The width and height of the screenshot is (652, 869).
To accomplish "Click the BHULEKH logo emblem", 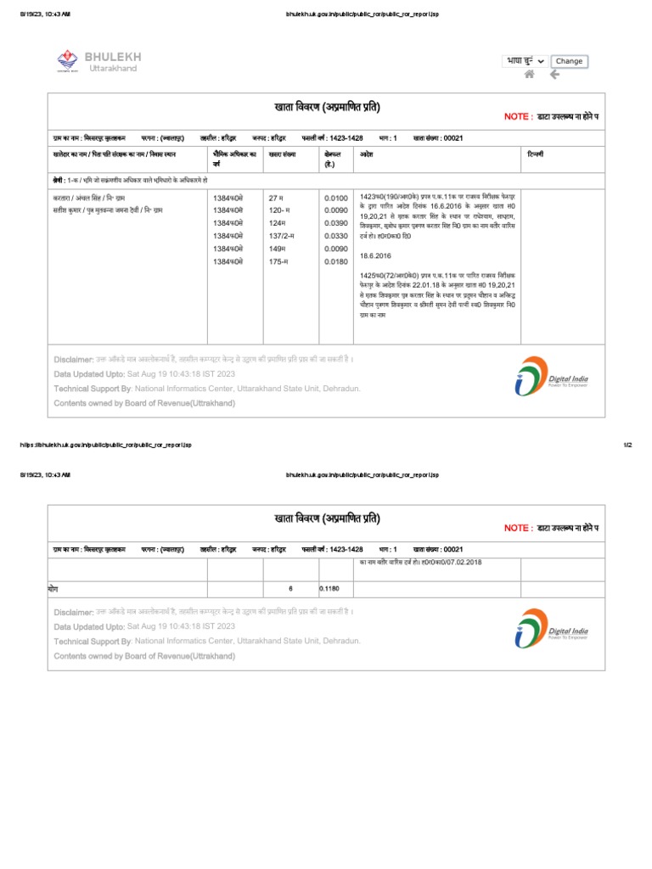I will click(66, 60).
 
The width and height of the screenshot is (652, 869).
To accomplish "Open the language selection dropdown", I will click(526, 61).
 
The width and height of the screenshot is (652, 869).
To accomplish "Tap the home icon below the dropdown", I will click(530, 75).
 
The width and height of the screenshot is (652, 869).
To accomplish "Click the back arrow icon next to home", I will click(554, 75).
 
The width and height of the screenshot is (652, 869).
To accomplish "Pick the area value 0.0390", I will click(336, 223).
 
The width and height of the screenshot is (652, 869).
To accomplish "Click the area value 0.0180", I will click(336, 262).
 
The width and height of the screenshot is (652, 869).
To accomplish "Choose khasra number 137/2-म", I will click(281, 236).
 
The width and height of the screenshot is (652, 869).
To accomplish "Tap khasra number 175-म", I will click(278, 262).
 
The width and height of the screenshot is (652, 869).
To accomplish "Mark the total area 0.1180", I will click(329, 587).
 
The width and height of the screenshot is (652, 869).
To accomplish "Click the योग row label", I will click(54, 587).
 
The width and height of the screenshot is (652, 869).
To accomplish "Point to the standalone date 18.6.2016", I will click(375, 255).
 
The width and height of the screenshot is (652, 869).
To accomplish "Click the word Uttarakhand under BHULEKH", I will click(113, 69).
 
